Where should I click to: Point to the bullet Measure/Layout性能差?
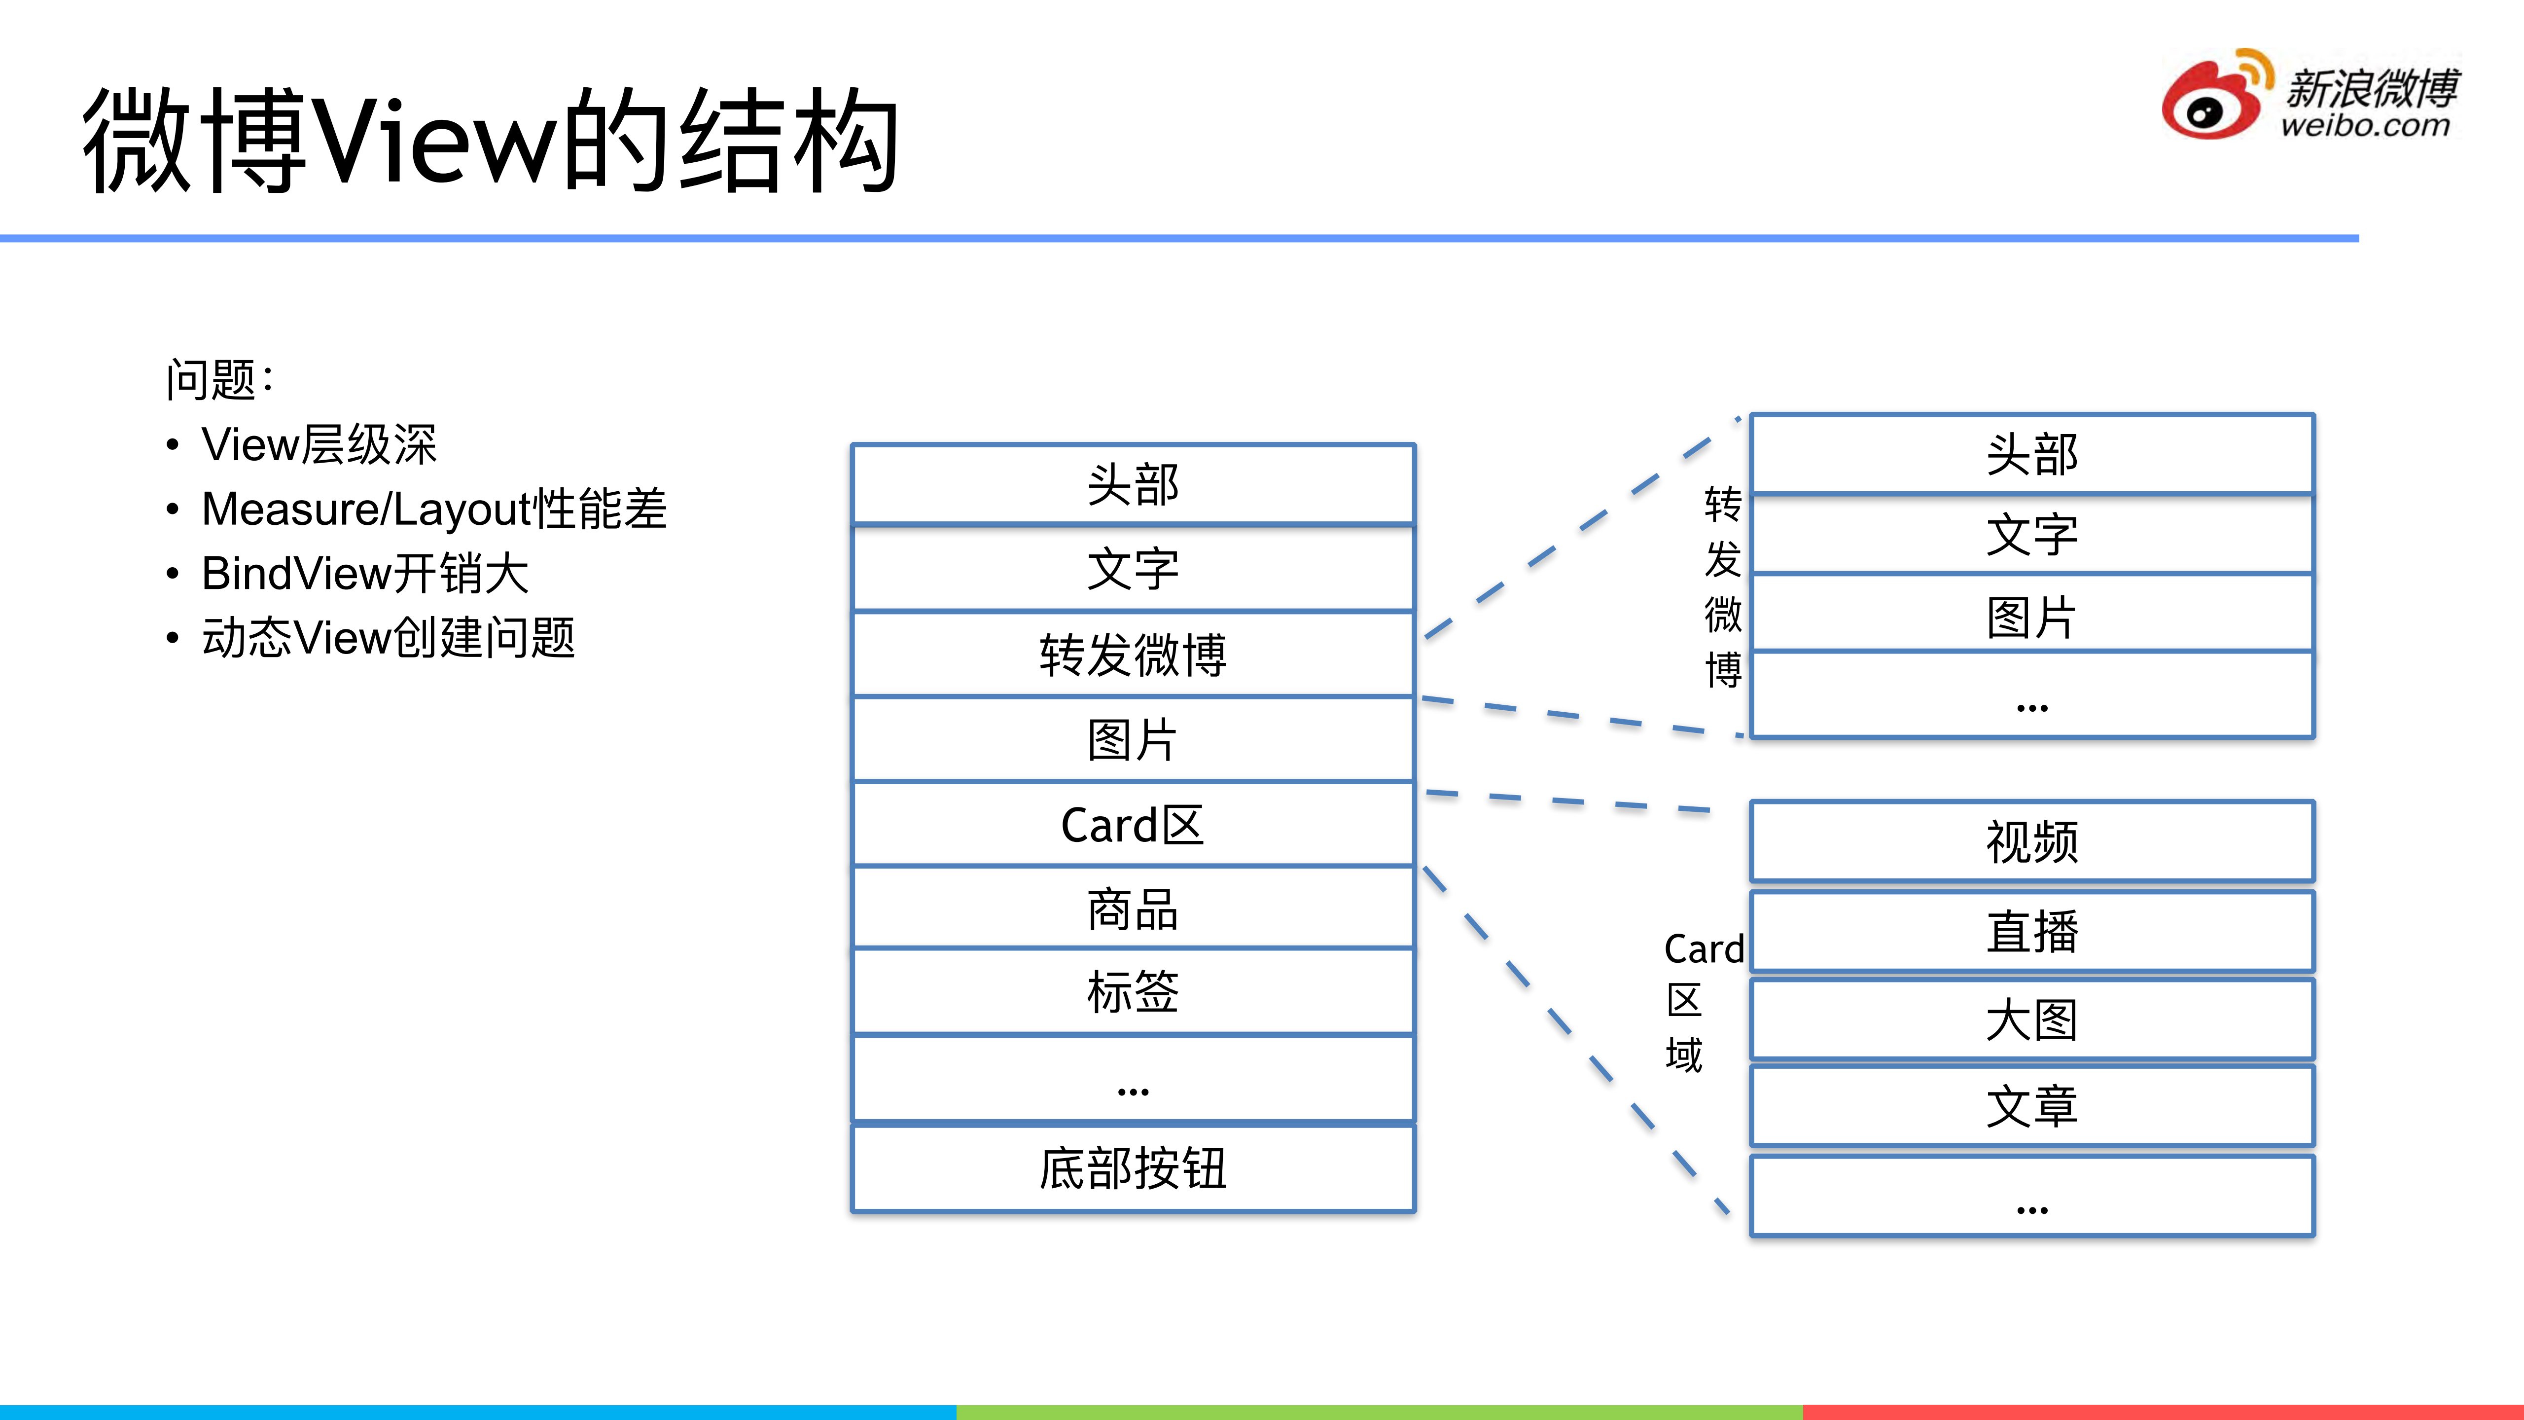pyautogui.click(x=433, y=510)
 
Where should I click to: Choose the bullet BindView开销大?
pyautogui.click(x=364, y=573)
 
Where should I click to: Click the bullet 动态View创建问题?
pyautogui.click(x=388, y=638)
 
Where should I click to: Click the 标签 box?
pyautogui.click(x=1133, y=992)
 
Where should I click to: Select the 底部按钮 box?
pyautogui.click(x=1133, y=1168)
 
